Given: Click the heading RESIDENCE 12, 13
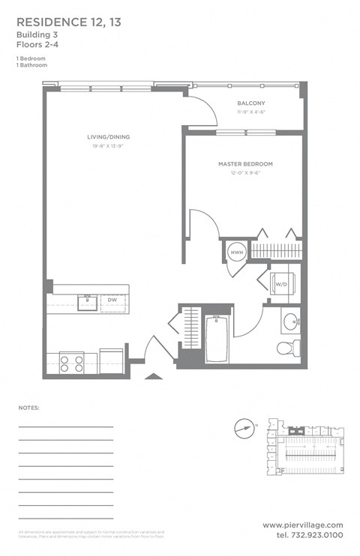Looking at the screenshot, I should (67, 23).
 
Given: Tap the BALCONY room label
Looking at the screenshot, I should (251, 103).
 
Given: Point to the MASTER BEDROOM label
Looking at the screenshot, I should (245, 163).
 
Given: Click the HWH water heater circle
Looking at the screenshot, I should (236, 253).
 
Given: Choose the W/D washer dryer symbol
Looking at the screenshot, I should (281, 285).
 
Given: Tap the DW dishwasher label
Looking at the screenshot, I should (111, 300).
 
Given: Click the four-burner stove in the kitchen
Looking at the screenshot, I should (71, 363).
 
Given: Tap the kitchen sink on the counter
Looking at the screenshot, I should (88, 301).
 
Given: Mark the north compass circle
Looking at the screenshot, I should (242, 429).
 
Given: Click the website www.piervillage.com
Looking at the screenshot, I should (303, 525).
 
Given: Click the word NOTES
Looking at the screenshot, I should (28, 408).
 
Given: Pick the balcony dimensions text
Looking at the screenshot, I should (251, 112).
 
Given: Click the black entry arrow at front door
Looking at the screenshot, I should (153, 375).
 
